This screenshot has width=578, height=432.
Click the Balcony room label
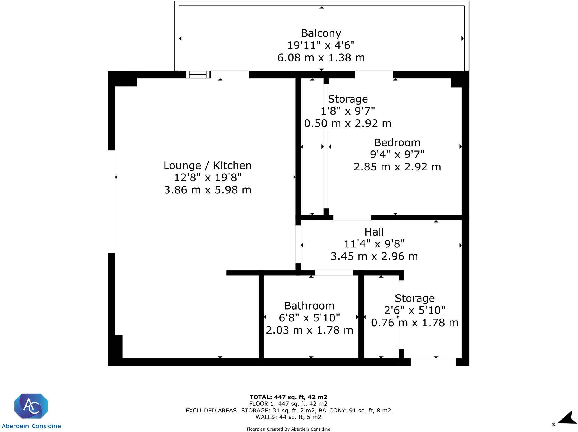click(x=321, y=33)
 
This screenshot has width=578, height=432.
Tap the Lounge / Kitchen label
click(x=207, y=165)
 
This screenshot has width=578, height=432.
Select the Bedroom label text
click(x=397, y=142)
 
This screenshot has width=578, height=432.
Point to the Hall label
click(x=374, y=232)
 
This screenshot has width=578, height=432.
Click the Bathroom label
click(x=309, y=306)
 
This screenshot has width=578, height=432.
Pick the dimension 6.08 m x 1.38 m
click(x=321, y=58)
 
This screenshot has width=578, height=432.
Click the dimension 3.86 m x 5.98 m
click(x=207, y=190)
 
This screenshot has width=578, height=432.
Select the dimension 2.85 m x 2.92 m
click(x=397, y=167)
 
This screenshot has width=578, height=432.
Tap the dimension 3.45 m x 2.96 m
click(x=374, y=256)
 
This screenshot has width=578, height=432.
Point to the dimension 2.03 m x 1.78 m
click(x=309, y=330)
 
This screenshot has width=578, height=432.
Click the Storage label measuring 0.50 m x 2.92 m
click(x=348, y=99)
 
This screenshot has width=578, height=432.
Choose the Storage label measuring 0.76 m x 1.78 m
click(x=414, y=298)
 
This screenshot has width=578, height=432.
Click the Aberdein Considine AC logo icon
click(x=31, y=406)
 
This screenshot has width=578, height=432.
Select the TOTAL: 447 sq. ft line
click(x=288, y=397)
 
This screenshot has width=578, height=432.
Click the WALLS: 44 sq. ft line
click(x=288, y=417)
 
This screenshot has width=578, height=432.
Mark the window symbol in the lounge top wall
click(x=198, y=74)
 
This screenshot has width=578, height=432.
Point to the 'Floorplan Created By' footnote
click(x=288, y=429)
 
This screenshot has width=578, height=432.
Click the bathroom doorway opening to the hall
click(x=334, y=273)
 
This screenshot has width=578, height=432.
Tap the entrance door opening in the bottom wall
click(x=433, y=362)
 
